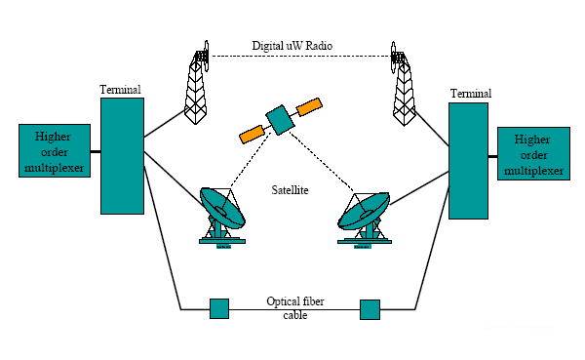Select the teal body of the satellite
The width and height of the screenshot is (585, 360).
281,120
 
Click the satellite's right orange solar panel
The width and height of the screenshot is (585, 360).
310,104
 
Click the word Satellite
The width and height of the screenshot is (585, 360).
289,191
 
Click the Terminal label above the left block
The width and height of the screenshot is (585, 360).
120,90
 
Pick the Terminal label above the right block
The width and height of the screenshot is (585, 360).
469,93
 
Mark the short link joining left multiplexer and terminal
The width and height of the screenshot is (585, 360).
96,152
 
